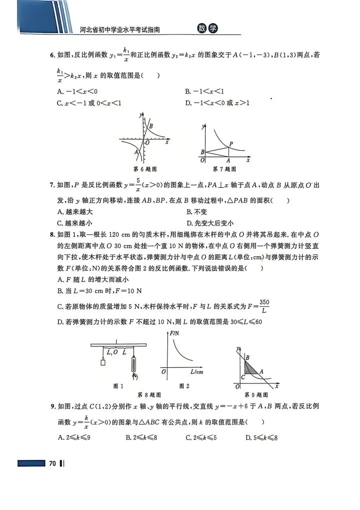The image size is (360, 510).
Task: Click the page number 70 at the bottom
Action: (51, 463)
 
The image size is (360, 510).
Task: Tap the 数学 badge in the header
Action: (207, 29)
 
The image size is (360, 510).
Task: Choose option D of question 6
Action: (217, 103)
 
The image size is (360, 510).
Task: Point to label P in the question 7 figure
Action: (230, 144)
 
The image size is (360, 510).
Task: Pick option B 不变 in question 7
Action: (196, 212)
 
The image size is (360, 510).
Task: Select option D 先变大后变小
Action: (210, 223)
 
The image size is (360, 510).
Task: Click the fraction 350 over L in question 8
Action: (264, 306)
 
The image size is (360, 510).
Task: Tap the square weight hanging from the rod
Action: (103, 363)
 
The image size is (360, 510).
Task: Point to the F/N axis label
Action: (174, 333)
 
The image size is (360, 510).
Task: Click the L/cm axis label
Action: (197, 372)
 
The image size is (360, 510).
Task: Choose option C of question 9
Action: (200, 438)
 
